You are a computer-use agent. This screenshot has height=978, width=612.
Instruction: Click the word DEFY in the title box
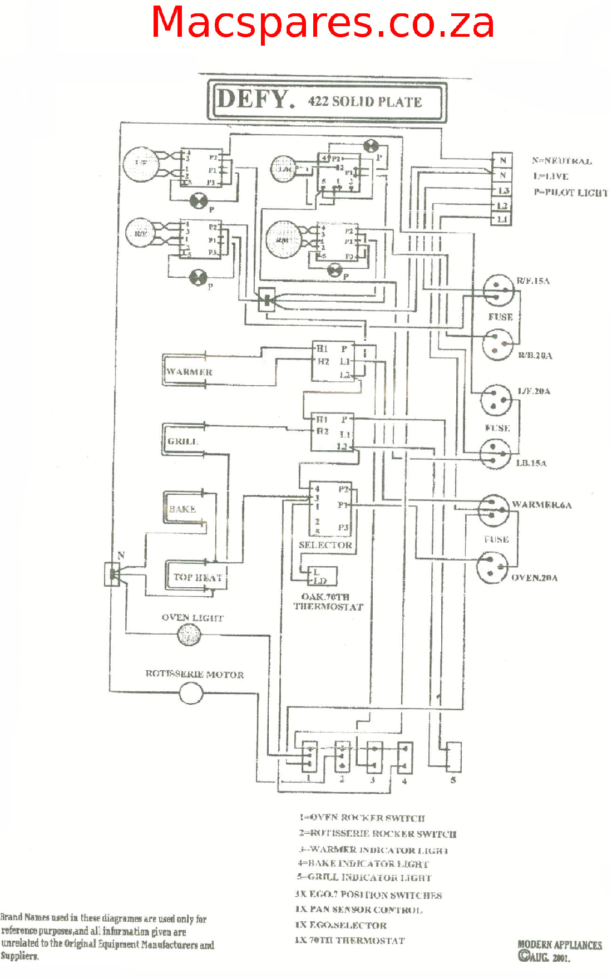coord(253,100)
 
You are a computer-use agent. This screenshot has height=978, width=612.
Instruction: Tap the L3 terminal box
coord(502,191)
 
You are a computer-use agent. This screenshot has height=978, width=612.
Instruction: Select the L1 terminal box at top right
coord(502,219)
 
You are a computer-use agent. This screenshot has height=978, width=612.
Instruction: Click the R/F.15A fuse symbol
coord(498,290)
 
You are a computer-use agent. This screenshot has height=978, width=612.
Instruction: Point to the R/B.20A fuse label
coord(535,356)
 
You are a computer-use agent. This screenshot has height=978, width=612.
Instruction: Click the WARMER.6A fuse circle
coord(493,509)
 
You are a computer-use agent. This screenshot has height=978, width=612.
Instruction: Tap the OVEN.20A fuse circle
coord(492,567)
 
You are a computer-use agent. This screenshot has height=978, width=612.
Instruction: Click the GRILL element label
coord(182,441)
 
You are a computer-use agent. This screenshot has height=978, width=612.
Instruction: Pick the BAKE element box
coord(184,508)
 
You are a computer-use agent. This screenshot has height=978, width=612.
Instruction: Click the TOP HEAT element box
coord(196,577)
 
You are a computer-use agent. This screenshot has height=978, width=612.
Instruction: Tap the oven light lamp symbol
coord(189,635)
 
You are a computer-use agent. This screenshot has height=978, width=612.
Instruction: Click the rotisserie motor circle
coord(191,694)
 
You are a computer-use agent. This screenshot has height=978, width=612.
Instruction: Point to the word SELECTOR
coord(325,545)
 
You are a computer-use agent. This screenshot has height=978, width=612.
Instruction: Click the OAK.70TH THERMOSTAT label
coord(328,602)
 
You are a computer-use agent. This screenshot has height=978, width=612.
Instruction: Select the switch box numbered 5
coord(454,756)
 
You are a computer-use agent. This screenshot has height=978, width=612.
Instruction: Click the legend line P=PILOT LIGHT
coord(570,193)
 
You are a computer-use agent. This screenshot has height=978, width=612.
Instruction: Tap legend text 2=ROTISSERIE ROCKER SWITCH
coord(377,833)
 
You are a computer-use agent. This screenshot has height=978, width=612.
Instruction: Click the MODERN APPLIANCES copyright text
coord(559,945)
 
